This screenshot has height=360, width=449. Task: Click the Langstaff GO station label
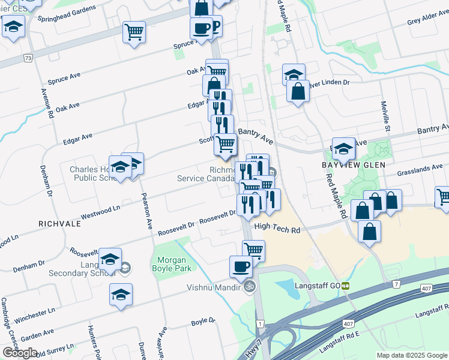tap(316, 286)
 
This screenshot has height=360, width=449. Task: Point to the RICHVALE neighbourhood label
tap(59, 223)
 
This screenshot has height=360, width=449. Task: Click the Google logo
tap(20, 353)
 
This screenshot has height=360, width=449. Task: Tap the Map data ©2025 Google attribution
tap(411, 355)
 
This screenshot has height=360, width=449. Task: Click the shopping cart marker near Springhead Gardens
tap(134, 31)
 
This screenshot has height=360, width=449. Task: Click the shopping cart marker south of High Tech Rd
tap(254, 249)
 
